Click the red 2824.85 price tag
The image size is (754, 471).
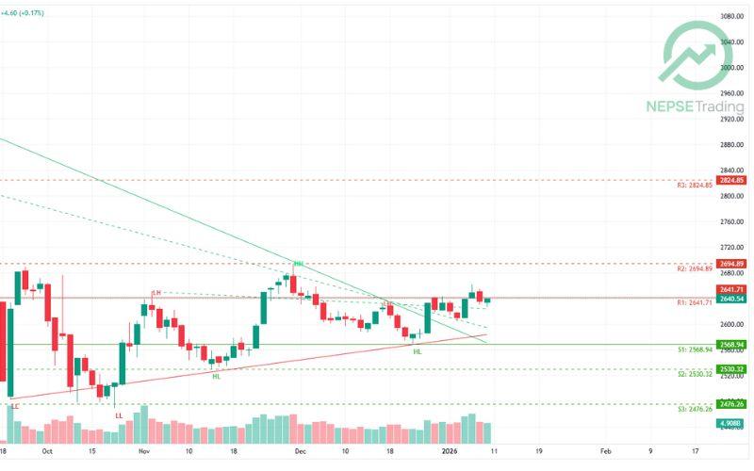tap(731, 180)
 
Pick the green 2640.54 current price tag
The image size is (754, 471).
tap(731, 299)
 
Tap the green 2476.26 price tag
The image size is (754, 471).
tap(731, 404)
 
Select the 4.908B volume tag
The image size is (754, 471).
tap(731, 425)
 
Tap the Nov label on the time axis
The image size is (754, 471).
tap(143, 451)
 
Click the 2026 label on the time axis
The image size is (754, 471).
tap(451, 451)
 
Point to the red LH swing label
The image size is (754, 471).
tap(156, 293)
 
